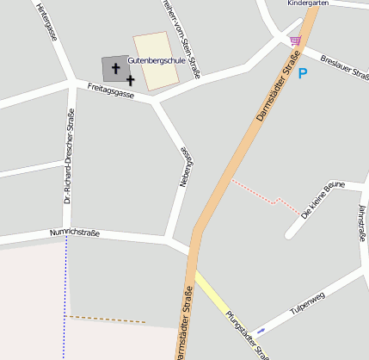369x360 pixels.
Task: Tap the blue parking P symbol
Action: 302,74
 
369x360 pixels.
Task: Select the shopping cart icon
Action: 296,40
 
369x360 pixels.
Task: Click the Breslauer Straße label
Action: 343,68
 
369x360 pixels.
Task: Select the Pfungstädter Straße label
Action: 248,335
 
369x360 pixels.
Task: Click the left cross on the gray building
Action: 114,67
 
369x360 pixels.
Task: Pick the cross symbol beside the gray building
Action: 130,79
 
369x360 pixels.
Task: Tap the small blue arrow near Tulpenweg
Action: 261,331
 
